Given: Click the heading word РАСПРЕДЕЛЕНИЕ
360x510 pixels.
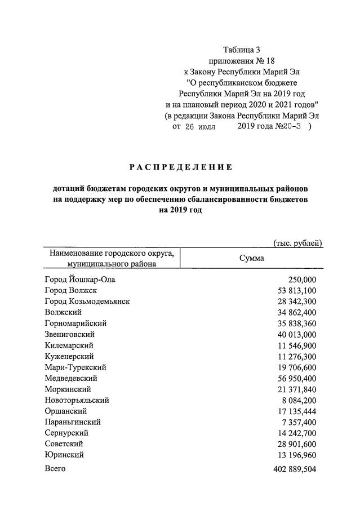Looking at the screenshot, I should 180,167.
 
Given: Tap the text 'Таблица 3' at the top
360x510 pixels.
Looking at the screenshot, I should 242,50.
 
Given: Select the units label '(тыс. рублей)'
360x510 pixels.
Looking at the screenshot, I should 297,243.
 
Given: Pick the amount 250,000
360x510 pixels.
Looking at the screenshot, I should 302,280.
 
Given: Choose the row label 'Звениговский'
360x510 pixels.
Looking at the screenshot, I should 69,334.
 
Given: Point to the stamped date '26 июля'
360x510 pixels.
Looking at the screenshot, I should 200,127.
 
